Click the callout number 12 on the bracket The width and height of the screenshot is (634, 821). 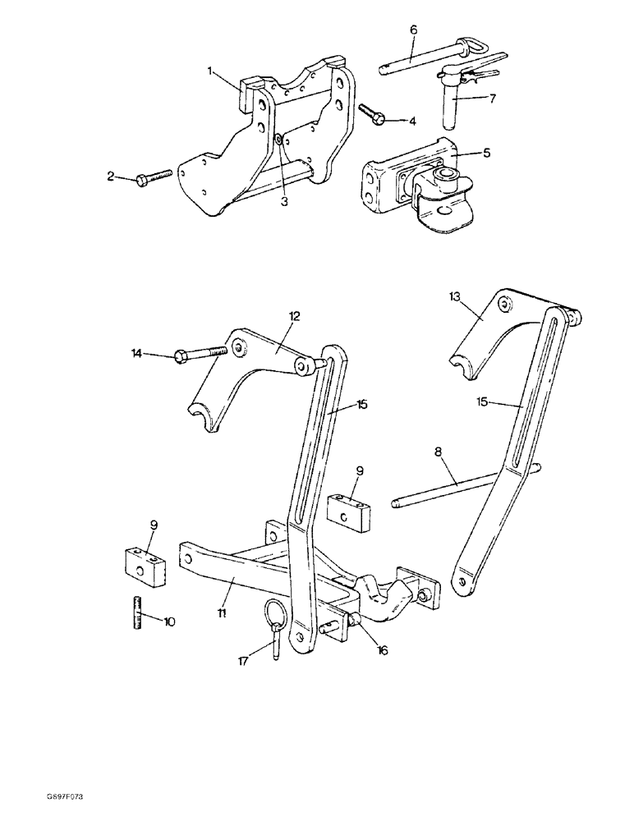[x=295, y=315]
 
